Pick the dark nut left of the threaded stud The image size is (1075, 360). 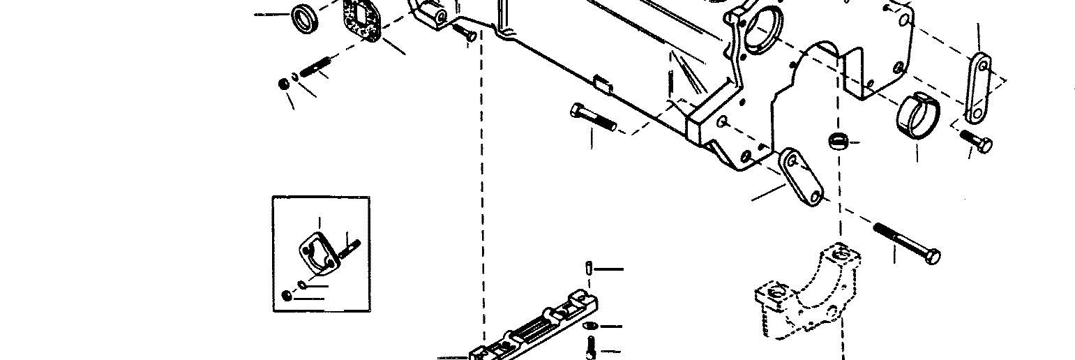point(283,84)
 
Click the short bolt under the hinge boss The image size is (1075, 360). point(465,31)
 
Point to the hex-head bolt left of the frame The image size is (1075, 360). point(592,118)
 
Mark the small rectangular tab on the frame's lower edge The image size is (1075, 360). point(602,85)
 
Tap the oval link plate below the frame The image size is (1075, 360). point(799,177)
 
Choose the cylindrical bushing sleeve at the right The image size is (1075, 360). point(917,114)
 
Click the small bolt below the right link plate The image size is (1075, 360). point(977,141)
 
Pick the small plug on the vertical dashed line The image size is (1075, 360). point(839,140)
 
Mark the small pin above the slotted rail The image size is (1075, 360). point(589,268)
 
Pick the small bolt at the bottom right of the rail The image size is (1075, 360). point(591,347)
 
